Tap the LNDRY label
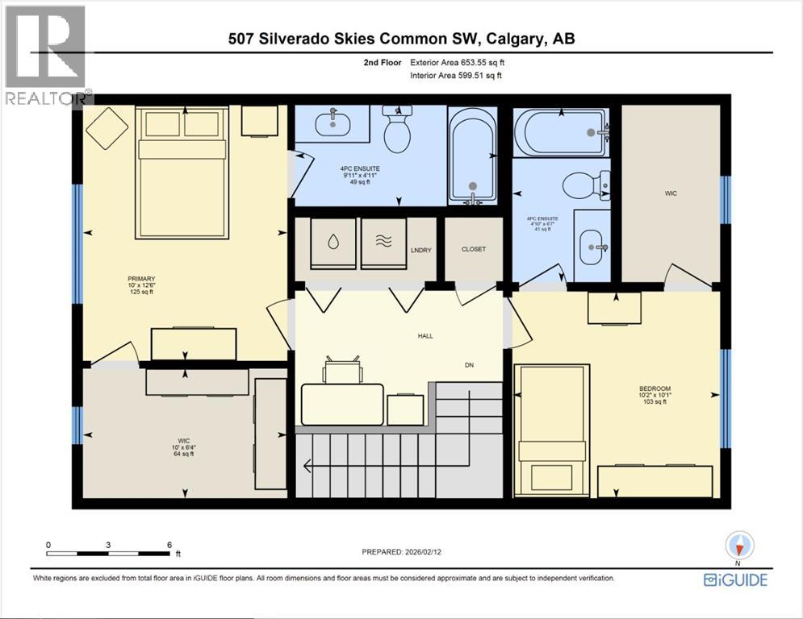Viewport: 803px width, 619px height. pos(420,250)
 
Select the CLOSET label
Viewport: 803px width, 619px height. pos(474,249)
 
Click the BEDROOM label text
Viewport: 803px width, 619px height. pos(655,389)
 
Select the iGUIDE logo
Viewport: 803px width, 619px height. pos(735,580)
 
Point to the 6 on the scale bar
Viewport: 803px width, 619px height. pos(169,545)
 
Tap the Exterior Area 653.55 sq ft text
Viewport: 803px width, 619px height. pos(459,62)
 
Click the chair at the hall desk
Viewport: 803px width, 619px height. pos(342,370)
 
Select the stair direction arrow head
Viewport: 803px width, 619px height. pos(307,465)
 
